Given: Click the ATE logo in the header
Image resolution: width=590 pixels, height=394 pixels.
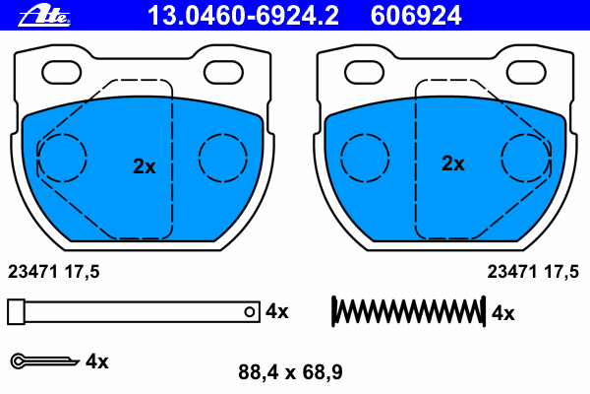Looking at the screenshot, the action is [44, 16].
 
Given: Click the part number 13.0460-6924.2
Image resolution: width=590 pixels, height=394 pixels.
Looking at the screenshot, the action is [243, 16].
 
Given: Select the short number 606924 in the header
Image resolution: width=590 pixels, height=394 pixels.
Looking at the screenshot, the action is [416, 16].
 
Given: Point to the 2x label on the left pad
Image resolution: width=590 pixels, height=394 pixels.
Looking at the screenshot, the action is [145, 166].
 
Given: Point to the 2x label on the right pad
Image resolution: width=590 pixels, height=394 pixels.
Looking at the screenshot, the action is [453, 164].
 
